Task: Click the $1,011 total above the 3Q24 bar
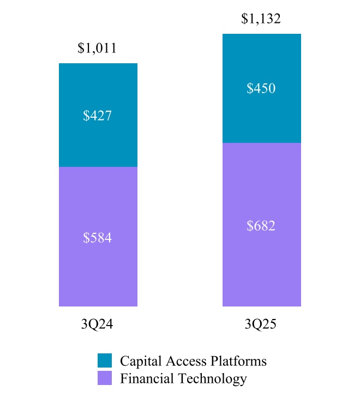coord(97,49)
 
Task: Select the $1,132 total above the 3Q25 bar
coord(261,20)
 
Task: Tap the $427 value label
coord(97,116)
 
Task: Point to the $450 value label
coord(261,89)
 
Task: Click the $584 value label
coord(97,238)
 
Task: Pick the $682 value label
coord(261,226)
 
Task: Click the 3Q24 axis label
coord(97,325)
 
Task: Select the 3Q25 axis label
coord(261,325)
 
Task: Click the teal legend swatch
coord(105,360)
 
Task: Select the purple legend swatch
coord(105,378)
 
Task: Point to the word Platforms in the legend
coord(240,361)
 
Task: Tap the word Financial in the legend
coord(143,378)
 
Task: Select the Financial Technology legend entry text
coord(183,378)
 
